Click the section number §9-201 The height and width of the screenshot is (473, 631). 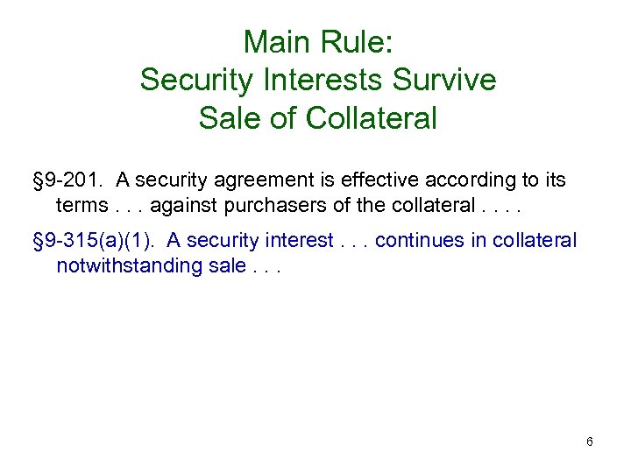tap(66, 180)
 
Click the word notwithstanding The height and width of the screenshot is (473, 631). tap(119, 265)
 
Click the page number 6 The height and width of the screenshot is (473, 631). tap(590, 441)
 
